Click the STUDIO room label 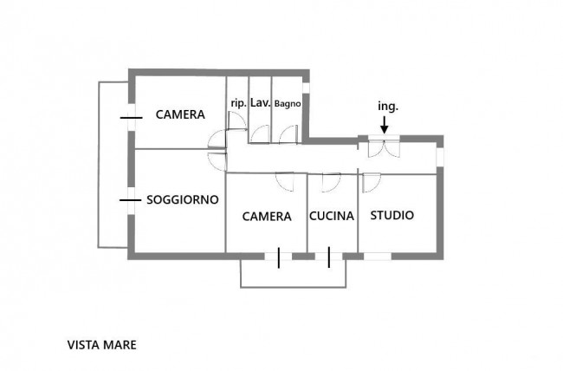click(x=392, y=215)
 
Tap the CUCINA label click(x=332, y=216)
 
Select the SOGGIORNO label click(x=183, y=199)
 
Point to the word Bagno click(x=288, y=104)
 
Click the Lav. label click(x=261, y=103)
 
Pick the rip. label click(x=239, y=103)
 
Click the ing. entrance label click(x=388, y=107)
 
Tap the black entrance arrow click(x=385, y=125)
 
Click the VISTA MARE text click(x=102, y=345)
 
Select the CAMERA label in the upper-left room click(x=180, y=114)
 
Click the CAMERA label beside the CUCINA click(x=267, y=217)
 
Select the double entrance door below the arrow click(x=384, y=148)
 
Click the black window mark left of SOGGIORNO click(x=130, y=200)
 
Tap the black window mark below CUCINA click(x=329, y=257)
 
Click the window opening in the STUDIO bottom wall click(x=378, y=257)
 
